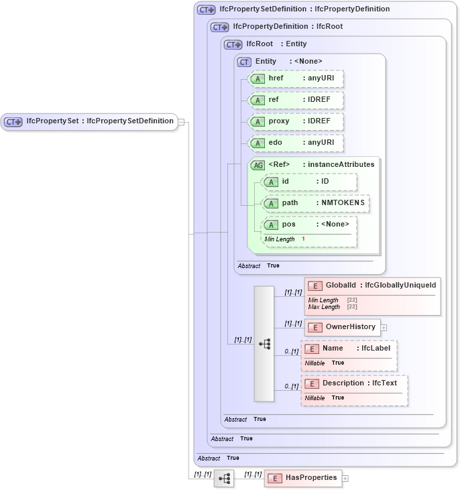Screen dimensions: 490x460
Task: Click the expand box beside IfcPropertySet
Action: [x=181, y=122]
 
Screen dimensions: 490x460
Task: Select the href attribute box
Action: [x=296, y=78]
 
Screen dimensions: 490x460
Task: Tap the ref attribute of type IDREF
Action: [x=296, y=100]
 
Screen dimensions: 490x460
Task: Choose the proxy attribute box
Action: [x=296, y=121]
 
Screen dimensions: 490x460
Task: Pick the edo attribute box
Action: [x=296, y=143]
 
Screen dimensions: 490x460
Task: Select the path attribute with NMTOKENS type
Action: [x=315, y=203]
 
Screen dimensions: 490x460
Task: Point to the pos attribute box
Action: [x=309, y=225]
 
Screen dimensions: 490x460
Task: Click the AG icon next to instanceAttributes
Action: [x=257, y=165]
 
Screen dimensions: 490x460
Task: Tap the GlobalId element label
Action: [x=341, y=286]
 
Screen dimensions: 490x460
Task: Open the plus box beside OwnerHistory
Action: [x=384, y=328]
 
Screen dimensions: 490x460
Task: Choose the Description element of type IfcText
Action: [x=354, y=383]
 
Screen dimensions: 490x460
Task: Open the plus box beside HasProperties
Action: [x=345, y=479]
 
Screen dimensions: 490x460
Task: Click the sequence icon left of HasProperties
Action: [x=224, y=479]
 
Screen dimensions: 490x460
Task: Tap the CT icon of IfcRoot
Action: [x=233, y=44]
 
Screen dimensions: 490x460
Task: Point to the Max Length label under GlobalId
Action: [x=325, y=307]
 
